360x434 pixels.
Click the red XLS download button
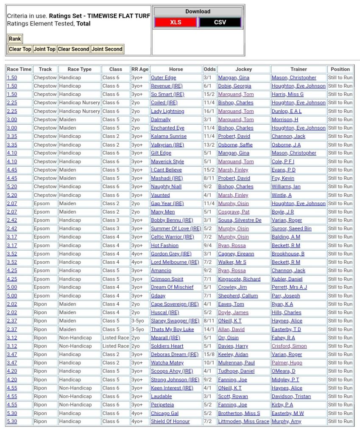[176, 22]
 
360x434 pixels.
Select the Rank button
[15, 39]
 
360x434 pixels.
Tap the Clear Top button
[20, 49]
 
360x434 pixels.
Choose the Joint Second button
[107, 49]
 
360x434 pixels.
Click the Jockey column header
[243, 69]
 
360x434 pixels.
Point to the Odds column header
[209, 69]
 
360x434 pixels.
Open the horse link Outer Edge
[163, 78]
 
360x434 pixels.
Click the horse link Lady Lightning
[167, 111]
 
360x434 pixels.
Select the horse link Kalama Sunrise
[169, 136]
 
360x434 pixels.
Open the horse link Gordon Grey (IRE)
[171, 254]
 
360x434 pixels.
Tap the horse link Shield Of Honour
[170, 422]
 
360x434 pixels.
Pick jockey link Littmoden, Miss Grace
[243, 422]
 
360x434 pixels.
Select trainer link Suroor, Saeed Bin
[291, 229]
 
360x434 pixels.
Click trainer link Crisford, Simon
[289, 346]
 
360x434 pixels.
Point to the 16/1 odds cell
[209, 111]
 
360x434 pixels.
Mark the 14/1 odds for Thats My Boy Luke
[209, 329]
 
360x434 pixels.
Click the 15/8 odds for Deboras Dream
[209, 354]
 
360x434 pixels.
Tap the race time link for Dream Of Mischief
[12, 287]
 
